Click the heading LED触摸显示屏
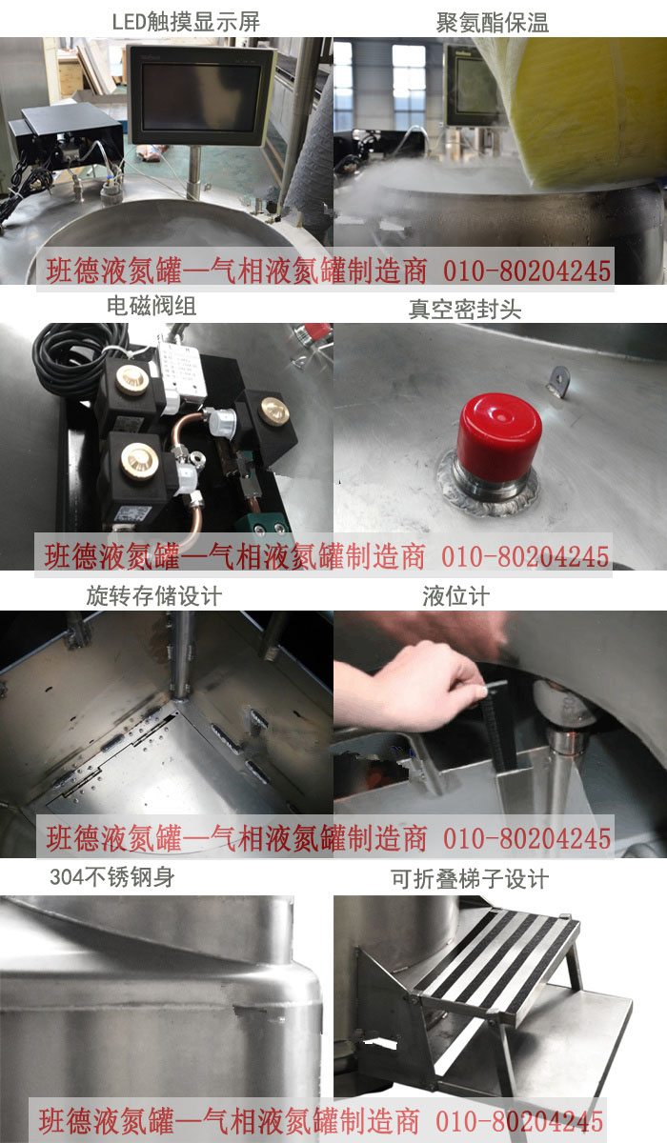pyautogui.click(x=186, y=21)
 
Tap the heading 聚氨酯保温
pyautogui.click(x=493, y=23)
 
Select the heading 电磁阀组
pyautogui.click(x=152, y=306)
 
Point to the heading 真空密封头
pyautogui.click(x=465, y=310)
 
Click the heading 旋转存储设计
pyautogui.click(x=154, y=596)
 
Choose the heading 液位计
pyautogui.click(x=456, y=596)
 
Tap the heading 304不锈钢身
pyautogui.click(x=112, y=877)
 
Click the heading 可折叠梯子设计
pyautogui.click(x=470, y=879)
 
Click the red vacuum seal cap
pyautogui.click(x=498, y=437)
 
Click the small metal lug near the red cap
pyautogui.click(x=558, y=380)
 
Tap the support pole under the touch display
pyautogui.click(x=194, y=171)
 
